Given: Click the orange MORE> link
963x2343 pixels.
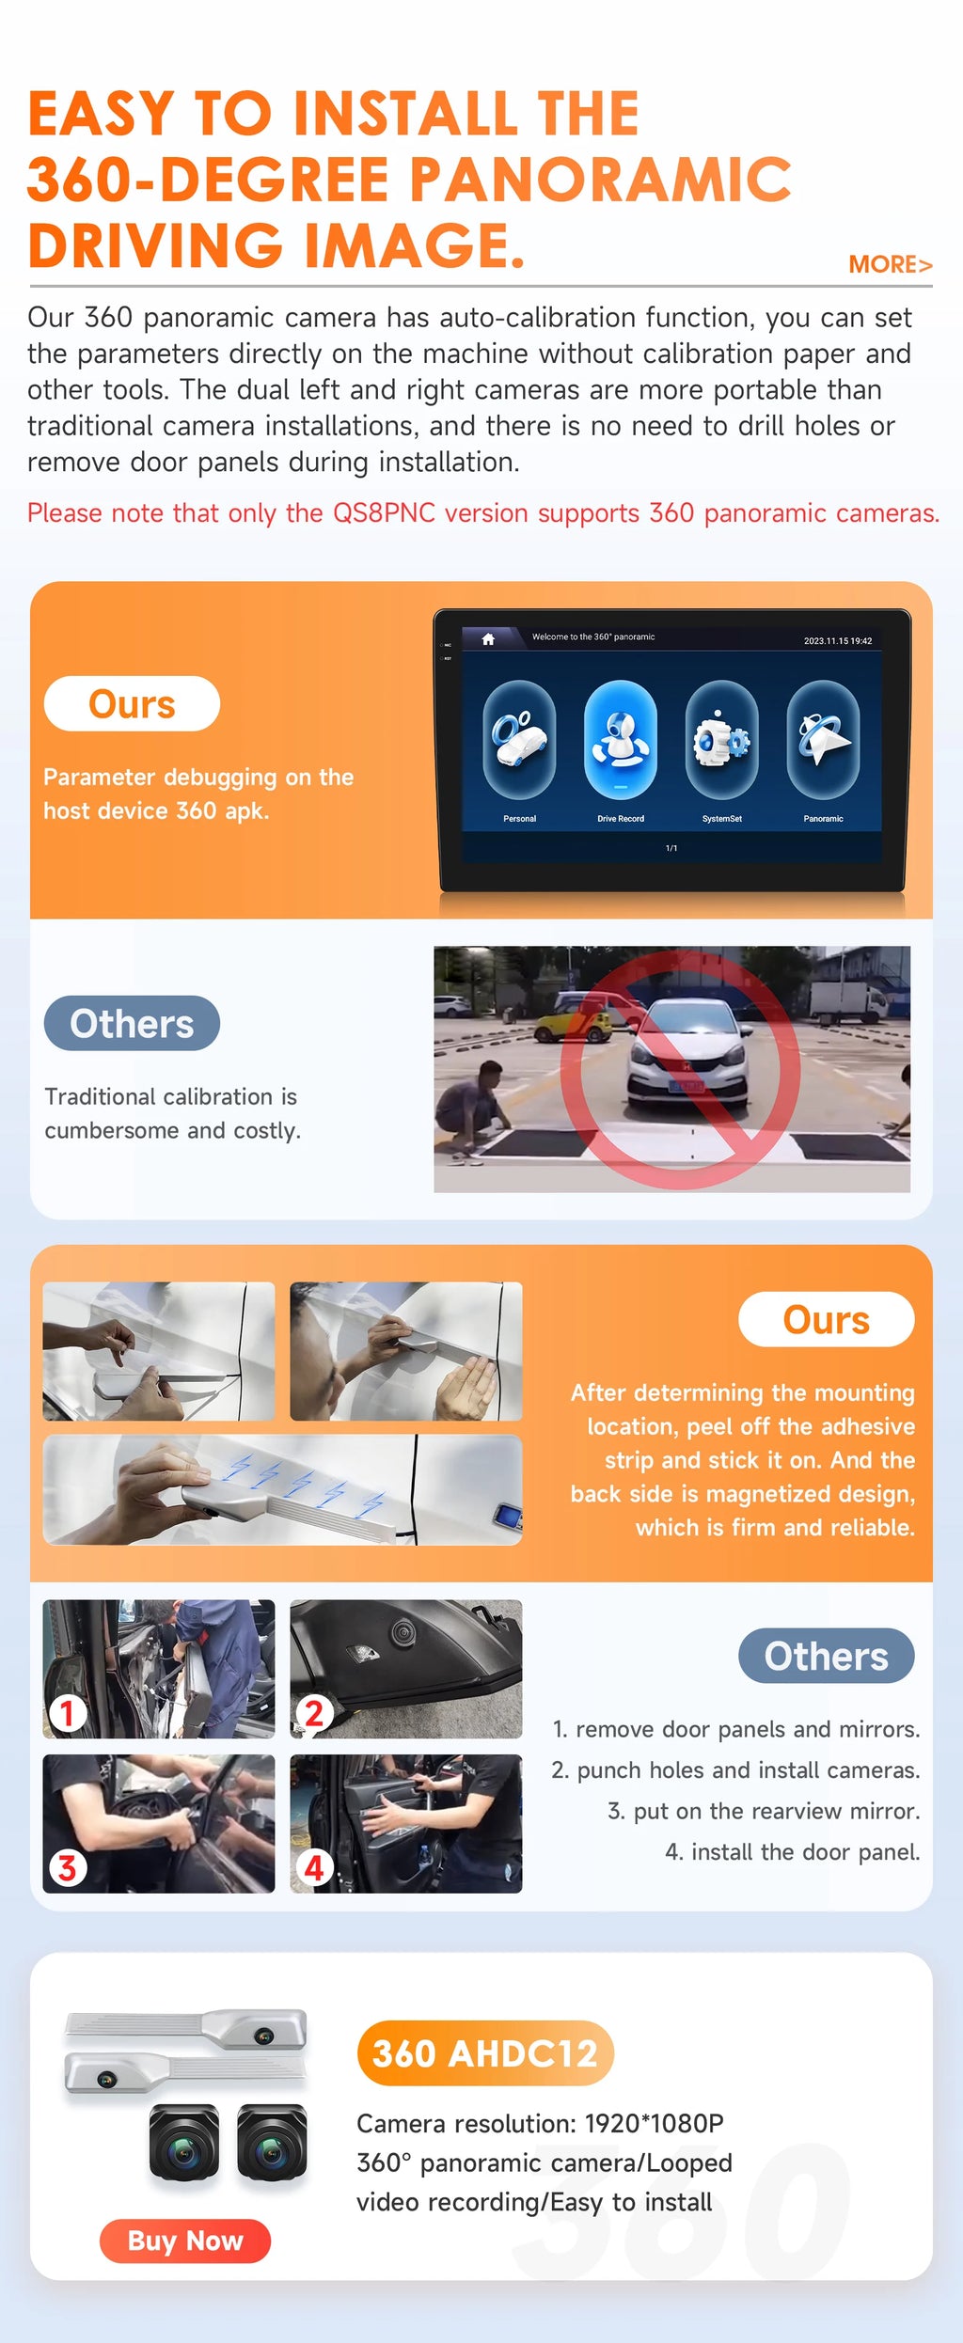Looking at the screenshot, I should tap(890, 264).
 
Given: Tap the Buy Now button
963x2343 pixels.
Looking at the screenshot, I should tap(185, 2241).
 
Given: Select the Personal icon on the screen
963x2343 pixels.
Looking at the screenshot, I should tap(519, 740).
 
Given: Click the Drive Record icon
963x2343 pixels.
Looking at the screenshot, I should tap(621, 740).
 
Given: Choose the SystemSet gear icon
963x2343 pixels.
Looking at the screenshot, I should tap(721, 740).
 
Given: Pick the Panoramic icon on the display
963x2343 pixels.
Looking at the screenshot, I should tap(823, 740).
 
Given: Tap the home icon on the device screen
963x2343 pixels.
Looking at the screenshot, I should tap(488, 639).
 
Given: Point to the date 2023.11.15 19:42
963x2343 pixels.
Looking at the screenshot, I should tap(837, 641).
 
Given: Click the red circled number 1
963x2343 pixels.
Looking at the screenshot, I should tap(67, 1712).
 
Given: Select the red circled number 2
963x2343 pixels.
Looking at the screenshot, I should tap(314, 1712).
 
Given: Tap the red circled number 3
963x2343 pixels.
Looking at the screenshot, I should tap(67, 1867).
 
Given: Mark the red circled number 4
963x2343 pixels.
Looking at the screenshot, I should tap(314, 1867).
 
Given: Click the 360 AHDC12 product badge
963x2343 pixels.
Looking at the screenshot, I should tap(485, 2053).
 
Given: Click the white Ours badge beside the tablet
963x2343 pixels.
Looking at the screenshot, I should tap(132, 703).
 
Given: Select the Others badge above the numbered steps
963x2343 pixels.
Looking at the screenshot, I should tap(826, 1656).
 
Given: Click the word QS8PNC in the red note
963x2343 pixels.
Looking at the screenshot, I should tap(384, 513).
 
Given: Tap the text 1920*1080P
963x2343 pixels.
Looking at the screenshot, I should tap(655, 2123).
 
